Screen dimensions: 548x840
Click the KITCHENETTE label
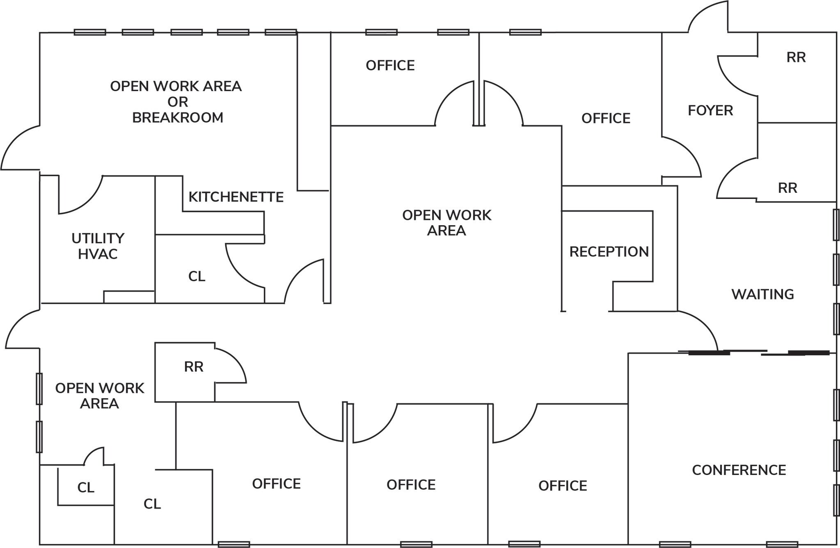coord(236,197)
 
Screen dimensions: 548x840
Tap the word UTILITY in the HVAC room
coord(98,238)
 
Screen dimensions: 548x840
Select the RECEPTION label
coord(609,252)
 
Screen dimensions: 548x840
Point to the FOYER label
coord(710,111)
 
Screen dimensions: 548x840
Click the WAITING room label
coord(762,295)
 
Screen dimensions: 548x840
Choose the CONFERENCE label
coord(739,470)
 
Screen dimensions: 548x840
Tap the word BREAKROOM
coord(178,118)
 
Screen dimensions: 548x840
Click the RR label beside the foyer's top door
coord(796,57)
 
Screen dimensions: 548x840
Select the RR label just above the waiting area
coord(787,188)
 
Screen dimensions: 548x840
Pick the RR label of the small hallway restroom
coord(194,367)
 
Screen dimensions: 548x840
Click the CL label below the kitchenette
coord(197,276)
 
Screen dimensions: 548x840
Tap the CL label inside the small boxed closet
coord(86,488)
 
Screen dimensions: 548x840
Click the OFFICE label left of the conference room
coord(563,486)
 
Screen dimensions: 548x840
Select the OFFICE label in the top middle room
coord(390,66)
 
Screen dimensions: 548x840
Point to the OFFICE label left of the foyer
coord(606,119)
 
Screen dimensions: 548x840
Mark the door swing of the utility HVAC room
coord(82,197)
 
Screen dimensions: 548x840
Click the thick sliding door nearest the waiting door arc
coord(709,353)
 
